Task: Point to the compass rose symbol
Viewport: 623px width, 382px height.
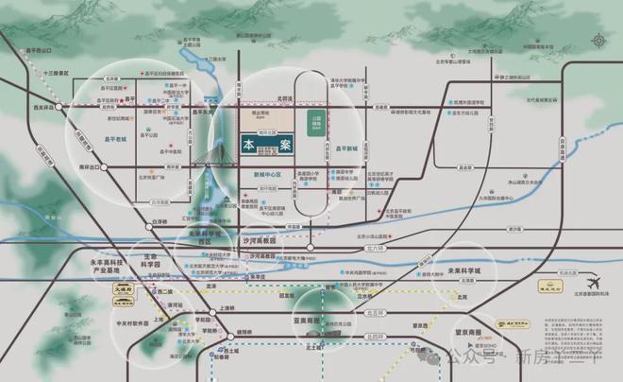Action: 599,41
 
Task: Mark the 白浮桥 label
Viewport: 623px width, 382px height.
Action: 160,223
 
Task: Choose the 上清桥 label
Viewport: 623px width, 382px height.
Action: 227,307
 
